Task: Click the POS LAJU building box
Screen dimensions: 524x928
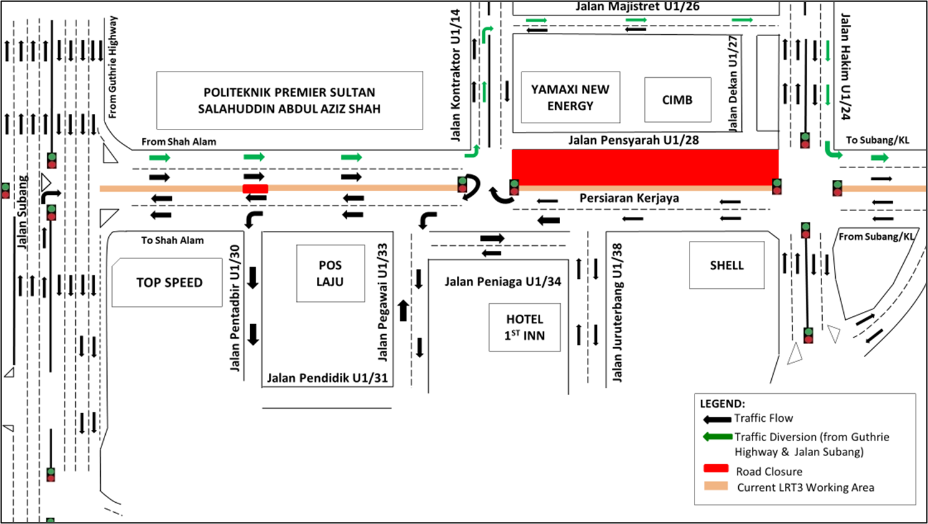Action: tap(330, 273)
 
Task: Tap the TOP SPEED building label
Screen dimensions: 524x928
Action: tap(169, 283)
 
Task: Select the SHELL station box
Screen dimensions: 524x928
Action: tap(726, 265)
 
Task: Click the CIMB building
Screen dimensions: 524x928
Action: tap(677, 100)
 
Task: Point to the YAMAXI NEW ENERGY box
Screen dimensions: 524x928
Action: tap(570, 98)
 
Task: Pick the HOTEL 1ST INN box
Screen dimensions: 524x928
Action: tap(525, 327)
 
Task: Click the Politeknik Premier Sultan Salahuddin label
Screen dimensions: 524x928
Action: tap(289, 101)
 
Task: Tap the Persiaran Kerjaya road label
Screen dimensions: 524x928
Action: tap(629, 199)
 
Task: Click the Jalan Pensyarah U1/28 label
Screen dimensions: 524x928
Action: tap(633, 140)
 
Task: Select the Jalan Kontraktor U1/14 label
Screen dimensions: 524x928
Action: tap(456, 75)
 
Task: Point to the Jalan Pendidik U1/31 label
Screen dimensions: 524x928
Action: tap(327, 378)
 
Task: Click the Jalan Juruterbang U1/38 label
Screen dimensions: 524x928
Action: tap(617, 312)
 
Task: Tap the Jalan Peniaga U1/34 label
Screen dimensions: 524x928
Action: tap(503, 282)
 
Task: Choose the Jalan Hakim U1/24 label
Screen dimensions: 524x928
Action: tap(845, 67)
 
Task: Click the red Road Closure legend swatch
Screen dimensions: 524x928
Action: tap(716, 469)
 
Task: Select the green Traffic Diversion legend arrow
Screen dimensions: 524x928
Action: tap(717, 437)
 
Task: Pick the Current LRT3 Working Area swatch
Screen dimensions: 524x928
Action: tap(716, 486)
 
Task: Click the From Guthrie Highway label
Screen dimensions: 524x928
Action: tap(112, 67)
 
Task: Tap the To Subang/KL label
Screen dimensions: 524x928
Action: tap(877, 140)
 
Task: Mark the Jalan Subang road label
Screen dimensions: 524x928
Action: tap(22, 212)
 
